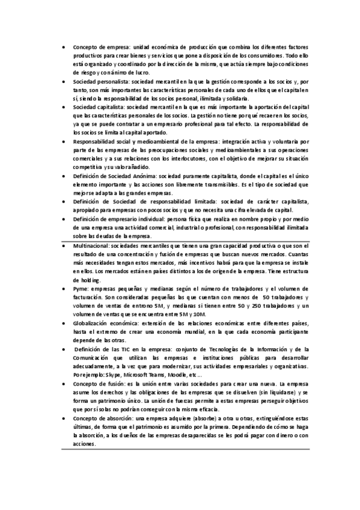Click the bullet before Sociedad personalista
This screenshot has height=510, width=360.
(66, 80)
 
